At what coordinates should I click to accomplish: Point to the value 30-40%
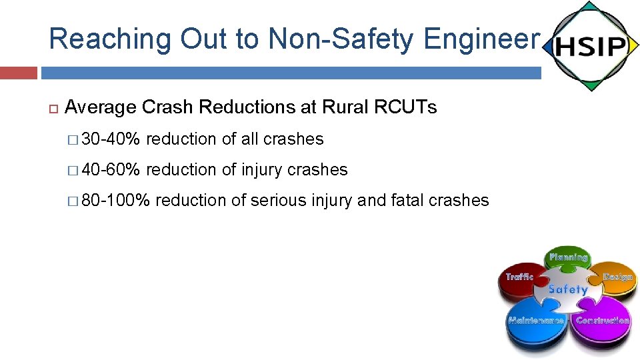click(111, 139)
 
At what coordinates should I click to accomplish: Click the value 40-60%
click(111, 170)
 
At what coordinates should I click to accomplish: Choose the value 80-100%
click(115, 200)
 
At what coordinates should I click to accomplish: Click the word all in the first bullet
click(250, 139)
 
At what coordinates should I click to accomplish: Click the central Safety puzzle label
click(567, 289)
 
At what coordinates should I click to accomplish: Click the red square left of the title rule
click(19, 72)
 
